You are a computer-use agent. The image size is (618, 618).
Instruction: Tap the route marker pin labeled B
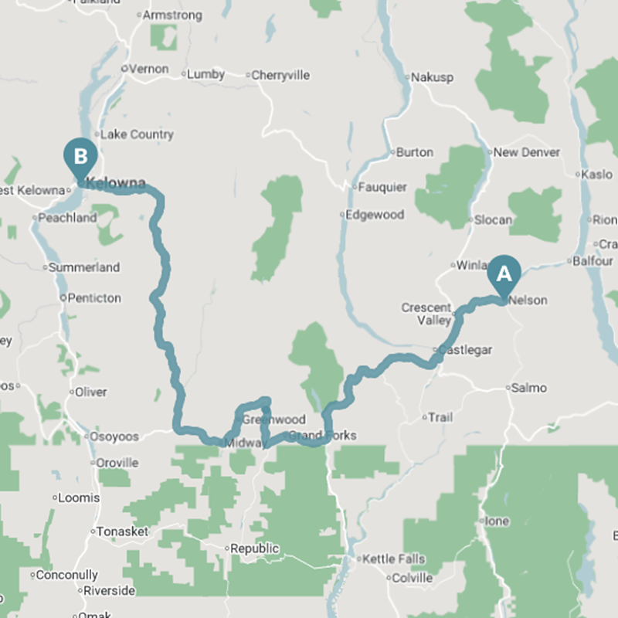tap(80, 156)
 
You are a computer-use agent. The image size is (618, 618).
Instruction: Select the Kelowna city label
tap(116, 183)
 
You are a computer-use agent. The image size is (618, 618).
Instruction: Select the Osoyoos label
tap(116, 436)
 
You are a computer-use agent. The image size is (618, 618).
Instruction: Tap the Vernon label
tap(148, 69)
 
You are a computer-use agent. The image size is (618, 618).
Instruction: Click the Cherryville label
tap(281, 75)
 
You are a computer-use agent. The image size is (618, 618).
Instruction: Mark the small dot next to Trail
tap(424, 418)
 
